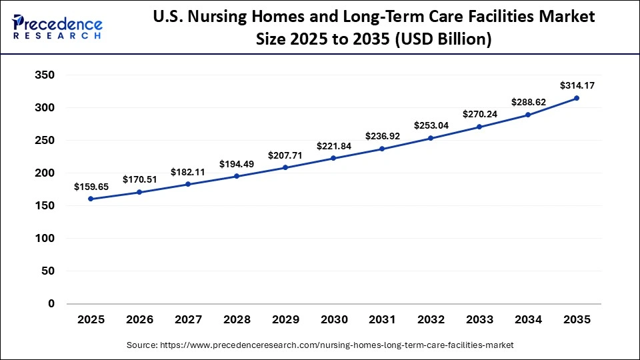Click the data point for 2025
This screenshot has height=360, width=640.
click(x=91, y=199)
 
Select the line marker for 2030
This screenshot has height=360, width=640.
click(x=333, y=158)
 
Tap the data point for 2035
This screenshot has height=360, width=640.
click(x=577, y=98)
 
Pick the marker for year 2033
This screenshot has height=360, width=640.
click(x=479, y=127)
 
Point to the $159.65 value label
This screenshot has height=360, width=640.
click(x=91, y=187)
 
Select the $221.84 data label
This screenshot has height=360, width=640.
click(x=334, y=146)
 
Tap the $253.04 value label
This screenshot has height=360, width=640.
click(x=431, y=125)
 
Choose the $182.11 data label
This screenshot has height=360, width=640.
click(x=188, y=172)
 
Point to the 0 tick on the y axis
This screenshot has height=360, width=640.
click(x=51, y=303)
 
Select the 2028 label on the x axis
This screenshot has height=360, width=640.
click(x=237, y=320)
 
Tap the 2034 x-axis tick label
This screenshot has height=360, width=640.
click(x=528, y=320)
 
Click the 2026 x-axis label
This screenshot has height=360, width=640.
click(x=139, y=320)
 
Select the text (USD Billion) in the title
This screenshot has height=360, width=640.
click(x=445, y=40)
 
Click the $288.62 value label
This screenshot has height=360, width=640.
click(x=529, y=103)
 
